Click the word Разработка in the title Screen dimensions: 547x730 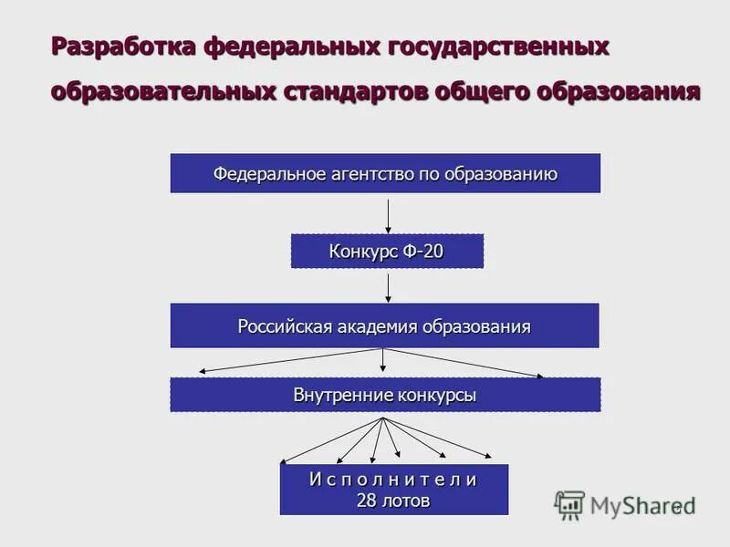pyautogui.click(x=122, y=46)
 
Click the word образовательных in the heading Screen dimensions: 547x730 pyautogui.click(x=165, y=92)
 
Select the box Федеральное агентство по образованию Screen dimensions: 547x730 pyautogui.click(x=385, y=173)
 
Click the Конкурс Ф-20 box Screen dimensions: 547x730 pyautogui.click(x=387, y=252)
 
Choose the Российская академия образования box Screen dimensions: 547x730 pyautogui.click(x=384, y=325)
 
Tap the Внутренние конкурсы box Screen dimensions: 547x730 pyautogui.click(x=385, y=395)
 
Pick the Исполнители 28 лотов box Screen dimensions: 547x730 pyautogui.click(x=393, y=490)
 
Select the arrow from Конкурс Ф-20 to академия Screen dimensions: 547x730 pyautogui.click(x=388, y=287)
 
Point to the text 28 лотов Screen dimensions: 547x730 pyautogui.click(x=393, y=501)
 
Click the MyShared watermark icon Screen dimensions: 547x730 pyautogui.click(x=569, y=505)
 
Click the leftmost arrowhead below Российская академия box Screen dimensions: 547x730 pyautogui.click(x=203, y=371)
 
